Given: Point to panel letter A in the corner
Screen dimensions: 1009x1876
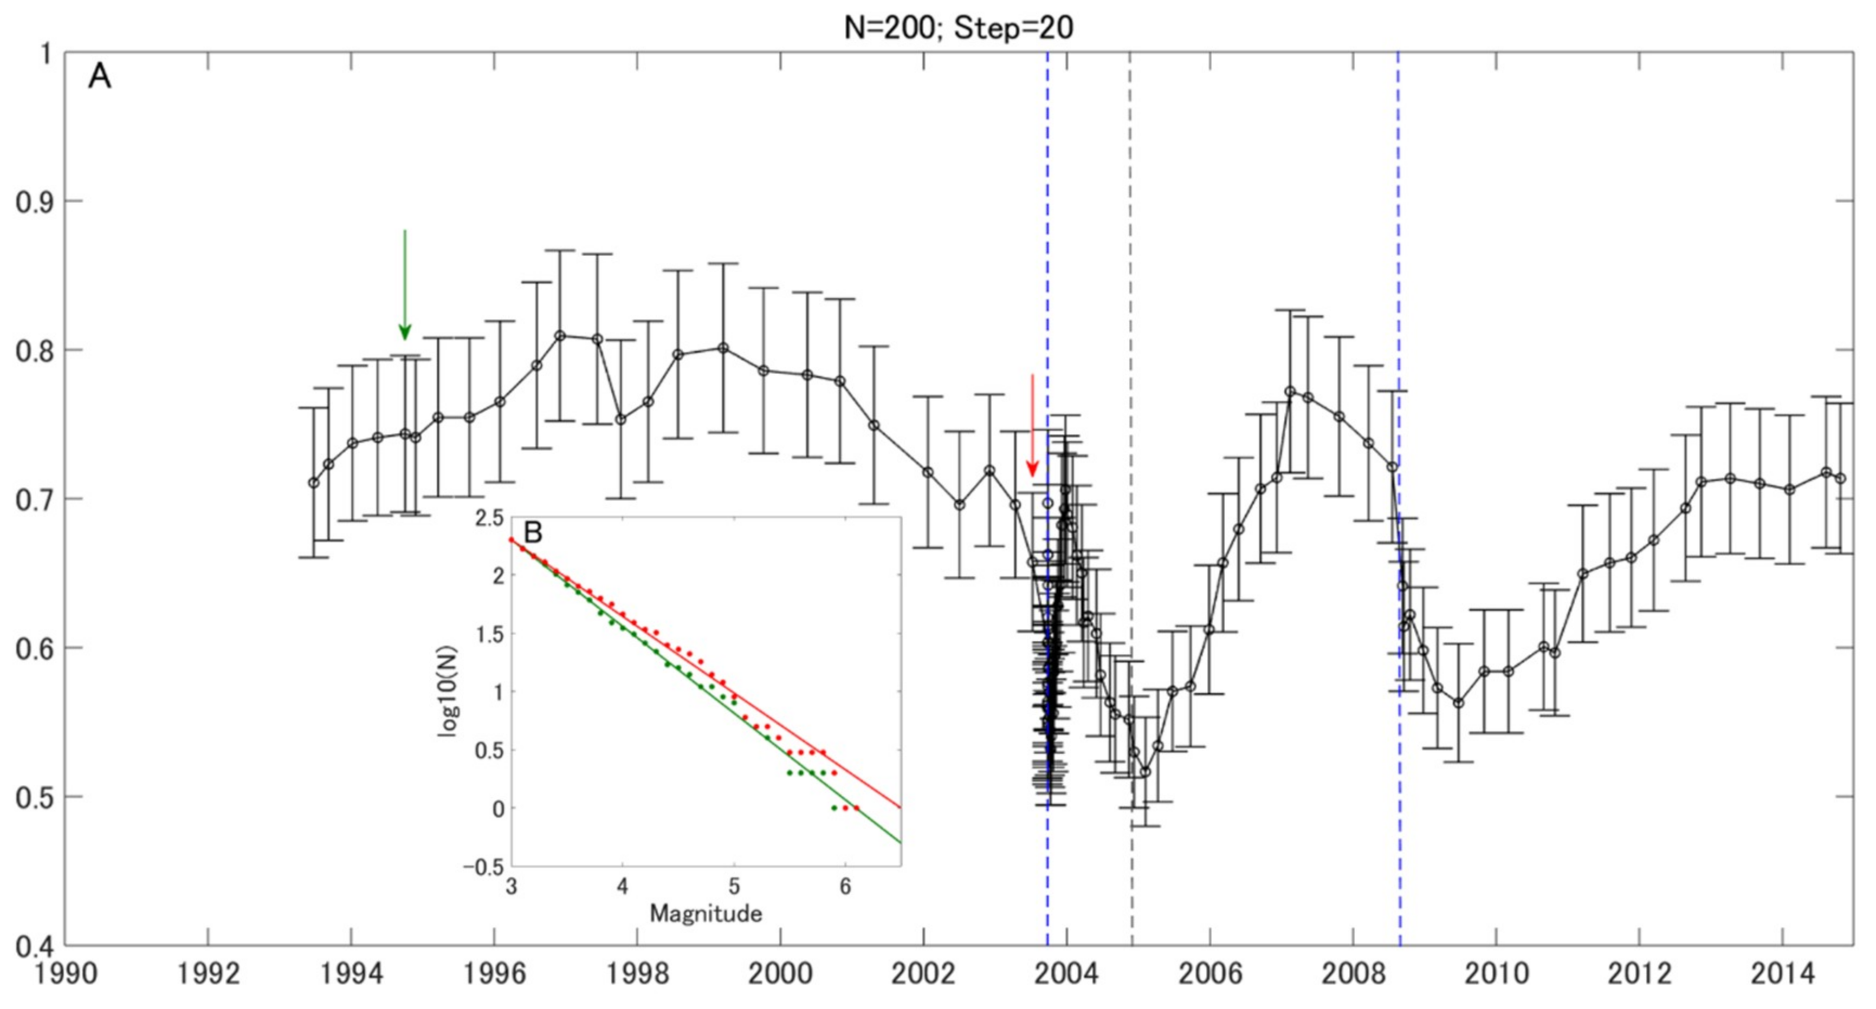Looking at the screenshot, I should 100,76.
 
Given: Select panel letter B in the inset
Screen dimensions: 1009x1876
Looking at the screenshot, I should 533,532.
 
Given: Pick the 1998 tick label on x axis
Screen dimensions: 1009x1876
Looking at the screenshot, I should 637,974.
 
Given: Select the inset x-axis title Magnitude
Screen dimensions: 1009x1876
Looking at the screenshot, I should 706,913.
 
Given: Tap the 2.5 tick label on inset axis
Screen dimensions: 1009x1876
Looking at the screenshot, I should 489,518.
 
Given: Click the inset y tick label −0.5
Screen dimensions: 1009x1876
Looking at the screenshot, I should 483,867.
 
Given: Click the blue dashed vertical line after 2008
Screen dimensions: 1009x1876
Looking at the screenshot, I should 1399,291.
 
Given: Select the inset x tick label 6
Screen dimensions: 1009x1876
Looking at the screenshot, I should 845,887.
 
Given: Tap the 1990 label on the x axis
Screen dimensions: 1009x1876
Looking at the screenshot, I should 66,974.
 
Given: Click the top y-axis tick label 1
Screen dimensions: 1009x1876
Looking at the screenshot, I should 45,54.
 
